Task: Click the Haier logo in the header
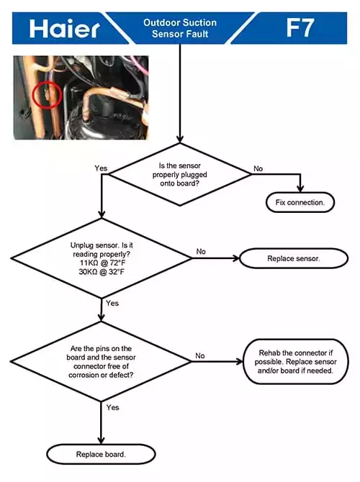tap(64, 28)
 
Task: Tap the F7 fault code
tap(300, 27)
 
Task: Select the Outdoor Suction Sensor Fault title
tap(180, 28)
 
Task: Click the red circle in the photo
tap(48, 95)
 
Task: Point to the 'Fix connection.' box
tap(300, 202)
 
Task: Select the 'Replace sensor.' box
tap(294, 258)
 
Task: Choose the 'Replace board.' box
tap(101, 454)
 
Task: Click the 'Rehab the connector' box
tap(296, 361)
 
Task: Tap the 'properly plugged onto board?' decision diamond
tap(180, 174)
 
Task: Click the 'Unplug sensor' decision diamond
tap(102, 258)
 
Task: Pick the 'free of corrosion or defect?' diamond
tap(101, 361)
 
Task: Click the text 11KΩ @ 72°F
tap(102, 263)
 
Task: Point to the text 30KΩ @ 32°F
tap(102, 272)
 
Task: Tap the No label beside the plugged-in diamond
tap(258, 168)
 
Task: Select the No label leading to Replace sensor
tap(201, 252)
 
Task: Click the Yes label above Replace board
tap(112, 407)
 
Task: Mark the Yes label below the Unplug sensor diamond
tap(112, 303)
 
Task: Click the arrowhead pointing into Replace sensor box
tap(236, 258)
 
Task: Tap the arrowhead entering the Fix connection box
tap(300, 188)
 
